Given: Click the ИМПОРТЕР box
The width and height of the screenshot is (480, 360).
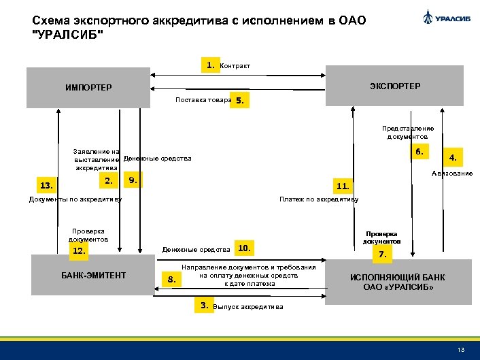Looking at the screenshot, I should pyautogui.click(x=88, y=87).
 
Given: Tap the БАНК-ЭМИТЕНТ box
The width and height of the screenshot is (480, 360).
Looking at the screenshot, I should pyautogui.click(x=93, y=275).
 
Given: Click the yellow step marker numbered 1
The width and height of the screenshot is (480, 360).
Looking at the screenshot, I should pyautogui.click(x=211, y=65).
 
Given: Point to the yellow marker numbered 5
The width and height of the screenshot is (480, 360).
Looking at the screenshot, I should pyautogui.click(x=240, y=101).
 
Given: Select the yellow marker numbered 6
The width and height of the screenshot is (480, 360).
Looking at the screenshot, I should pyautogui.click(x=419, y=152).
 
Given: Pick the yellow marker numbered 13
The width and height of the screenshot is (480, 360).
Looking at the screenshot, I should pyautogui.click(x=46, y=185).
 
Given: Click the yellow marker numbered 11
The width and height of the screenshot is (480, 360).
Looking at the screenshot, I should pyautogui.click(x=343, y=185).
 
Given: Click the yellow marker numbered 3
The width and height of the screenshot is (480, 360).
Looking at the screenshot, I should pyautogui.click(x=203, y=306).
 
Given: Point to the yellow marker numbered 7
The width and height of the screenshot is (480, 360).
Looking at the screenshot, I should pyautogui.click(x=382, y=255).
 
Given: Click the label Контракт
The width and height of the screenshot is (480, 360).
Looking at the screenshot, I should pyautogui.click(x=235, y=66).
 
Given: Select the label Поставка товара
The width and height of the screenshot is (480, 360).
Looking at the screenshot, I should pyautogui.click(x=203, y=100).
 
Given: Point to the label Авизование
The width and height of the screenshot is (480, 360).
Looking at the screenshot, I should pyautogui.click(x=452, y=174).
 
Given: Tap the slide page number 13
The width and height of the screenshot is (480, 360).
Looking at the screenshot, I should pyautogui.click(x=461, y=350).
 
